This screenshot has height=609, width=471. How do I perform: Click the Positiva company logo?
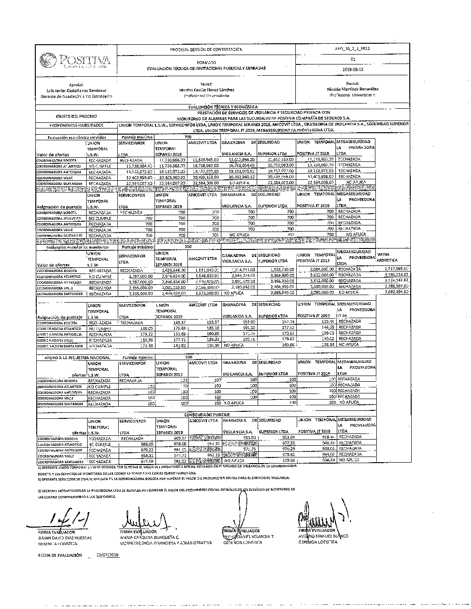(76, 61)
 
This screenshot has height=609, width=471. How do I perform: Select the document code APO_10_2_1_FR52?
(352, 48)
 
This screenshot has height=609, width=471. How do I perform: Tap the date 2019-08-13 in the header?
(352, 69)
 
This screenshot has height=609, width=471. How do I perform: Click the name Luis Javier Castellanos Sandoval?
(76, 89)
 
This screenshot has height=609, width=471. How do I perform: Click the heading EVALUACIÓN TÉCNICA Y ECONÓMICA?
(223, 107)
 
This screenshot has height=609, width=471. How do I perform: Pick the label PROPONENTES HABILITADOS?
(76, 126)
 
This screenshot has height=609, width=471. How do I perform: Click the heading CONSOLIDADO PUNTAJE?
(207, 414)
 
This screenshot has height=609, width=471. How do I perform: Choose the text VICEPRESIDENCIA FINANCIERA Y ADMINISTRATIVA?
(166, 543)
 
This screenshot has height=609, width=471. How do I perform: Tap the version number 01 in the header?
(352, 59)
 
